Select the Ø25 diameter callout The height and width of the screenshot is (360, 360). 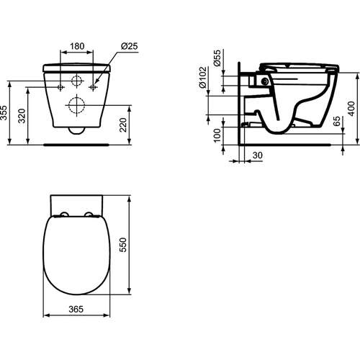click(130, 46)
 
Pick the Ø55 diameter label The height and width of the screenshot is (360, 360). click(217, 58)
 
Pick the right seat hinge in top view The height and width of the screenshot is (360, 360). click(89, 215)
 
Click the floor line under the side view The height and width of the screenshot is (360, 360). click(288, 144)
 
